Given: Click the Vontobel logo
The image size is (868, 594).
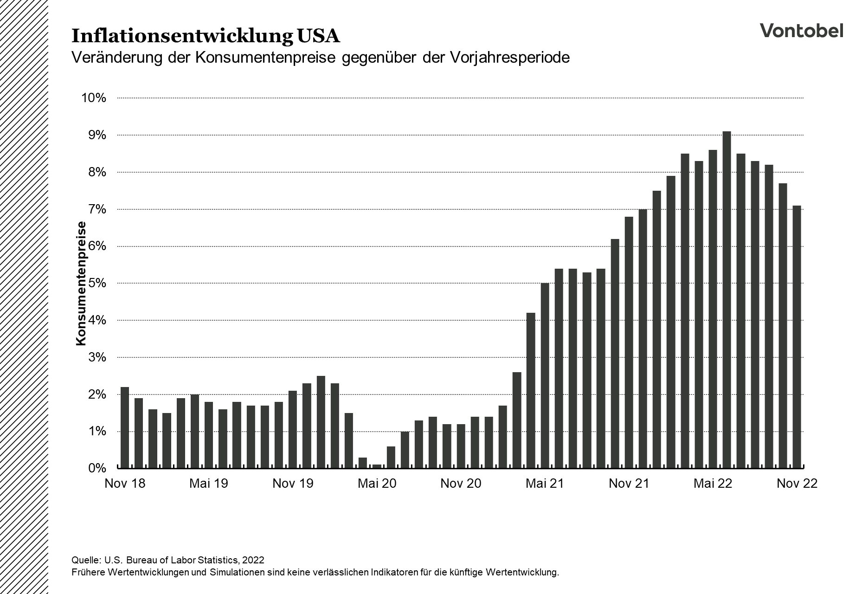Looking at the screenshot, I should [x=801, y=30].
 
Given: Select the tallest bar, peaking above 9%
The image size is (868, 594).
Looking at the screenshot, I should [x=727, y=299].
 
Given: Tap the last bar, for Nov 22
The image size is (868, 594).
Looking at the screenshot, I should [x=797, y=336].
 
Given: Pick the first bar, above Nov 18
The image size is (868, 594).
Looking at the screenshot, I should [x=125, y=427].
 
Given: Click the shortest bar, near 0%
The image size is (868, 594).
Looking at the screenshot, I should [x=377, y=465].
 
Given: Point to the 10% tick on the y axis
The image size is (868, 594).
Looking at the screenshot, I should [x=94, y=98].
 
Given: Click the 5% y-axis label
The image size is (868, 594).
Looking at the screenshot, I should [x=96, y=283].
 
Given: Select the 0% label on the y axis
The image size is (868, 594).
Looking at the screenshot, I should [x=96, y=468].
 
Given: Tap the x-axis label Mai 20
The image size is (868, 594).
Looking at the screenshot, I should [x=377, y=484].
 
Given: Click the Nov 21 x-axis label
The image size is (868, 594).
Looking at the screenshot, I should [x=629, y=484].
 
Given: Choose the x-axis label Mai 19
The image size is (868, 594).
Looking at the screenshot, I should [x=209, y=484].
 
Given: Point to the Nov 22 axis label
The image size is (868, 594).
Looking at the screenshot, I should [x=797, y=484].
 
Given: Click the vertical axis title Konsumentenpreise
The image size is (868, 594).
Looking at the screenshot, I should [x=81, y=284].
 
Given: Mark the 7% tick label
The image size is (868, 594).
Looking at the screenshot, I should [x=96, y=209].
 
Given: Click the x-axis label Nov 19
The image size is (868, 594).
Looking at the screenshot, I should [x=293, y=484].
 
